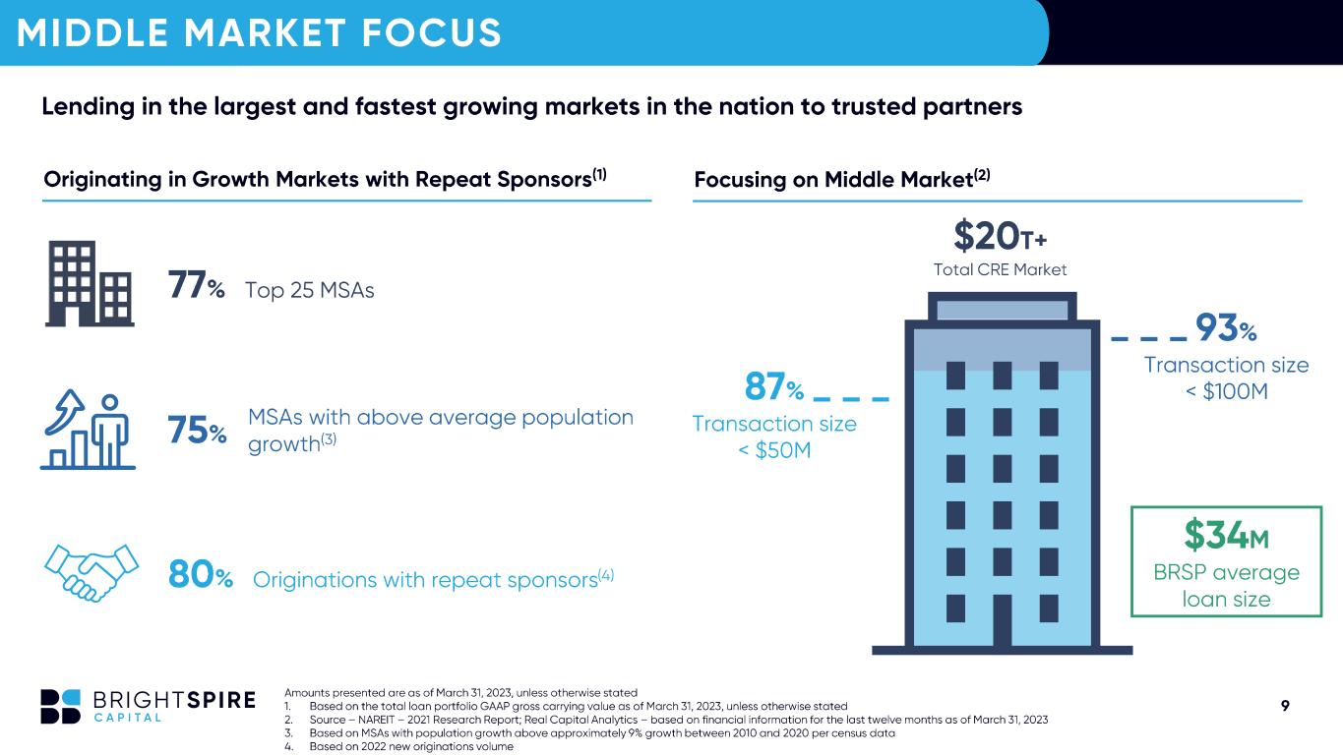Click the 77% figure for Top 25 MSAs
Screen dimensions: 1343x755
coord(196,285)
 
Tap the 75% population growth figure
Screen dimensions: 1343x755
coord(197,431)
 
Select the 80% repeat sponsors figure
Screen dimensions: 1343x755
coord(201,575)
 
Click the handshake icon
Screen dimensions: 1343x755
coord(92,572)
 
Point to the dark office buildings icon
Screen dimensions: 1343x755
coord(90,283)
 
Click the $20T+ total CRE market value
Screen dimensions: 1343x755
coord(1000,236)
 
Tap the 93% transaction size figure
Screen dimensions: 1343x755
coord(1226,327)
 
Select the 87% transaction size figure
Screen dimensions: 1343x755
coord(774,386)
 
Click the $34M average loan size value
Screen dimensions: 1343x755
coord(1226,535)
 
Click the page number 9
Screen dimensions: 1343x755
coord(1285,706)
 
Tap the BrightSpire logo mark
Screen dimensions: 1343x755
coord(60,707)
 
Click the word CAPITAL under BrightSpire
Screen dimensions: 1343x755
coord(127,718)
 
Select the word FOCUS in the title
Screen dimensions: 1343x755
coord(431,32)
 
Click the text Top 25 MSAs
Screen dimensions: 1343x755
coord(309,291)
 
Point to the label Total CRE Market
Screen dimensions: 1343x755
coord(1000,269)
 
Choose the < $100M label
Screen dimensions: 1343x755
coord(1227,391)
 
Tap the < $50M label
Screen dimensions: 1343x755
coord(774,450)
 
